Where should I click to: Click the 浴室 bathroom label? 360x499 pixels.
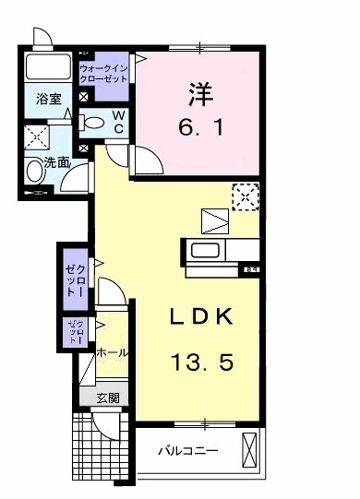pos(48,97)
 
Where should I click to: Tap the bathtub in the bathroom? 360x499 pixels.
pos(49,67)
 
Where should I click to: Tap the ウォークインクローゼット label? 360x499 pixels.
pos(104,75)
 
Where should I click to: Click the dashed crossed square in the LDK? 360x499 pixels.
pos(245,196)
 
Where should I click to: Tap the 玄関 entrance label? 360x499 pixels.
pos(107,398)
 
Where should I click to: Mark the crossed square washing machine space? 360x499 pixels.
pos(37,136)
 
